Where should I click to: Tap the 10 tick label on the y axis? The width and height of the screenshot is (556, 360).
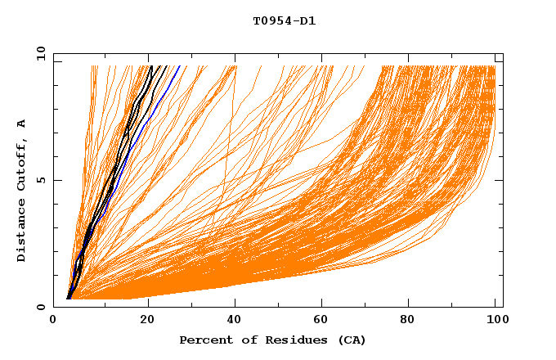tap(39, 53)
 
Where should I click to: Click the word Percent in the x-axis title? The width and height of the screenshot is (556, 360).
tap(204, 340)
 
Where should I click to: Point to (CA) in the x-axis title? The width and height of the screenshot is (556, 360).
tap(349, 340)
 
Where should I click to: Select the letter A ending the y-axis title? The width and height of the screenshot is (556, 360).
tap(22, 124)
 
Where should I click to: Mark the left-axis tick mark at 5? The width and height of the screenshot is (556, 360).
tap(56, 180)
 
